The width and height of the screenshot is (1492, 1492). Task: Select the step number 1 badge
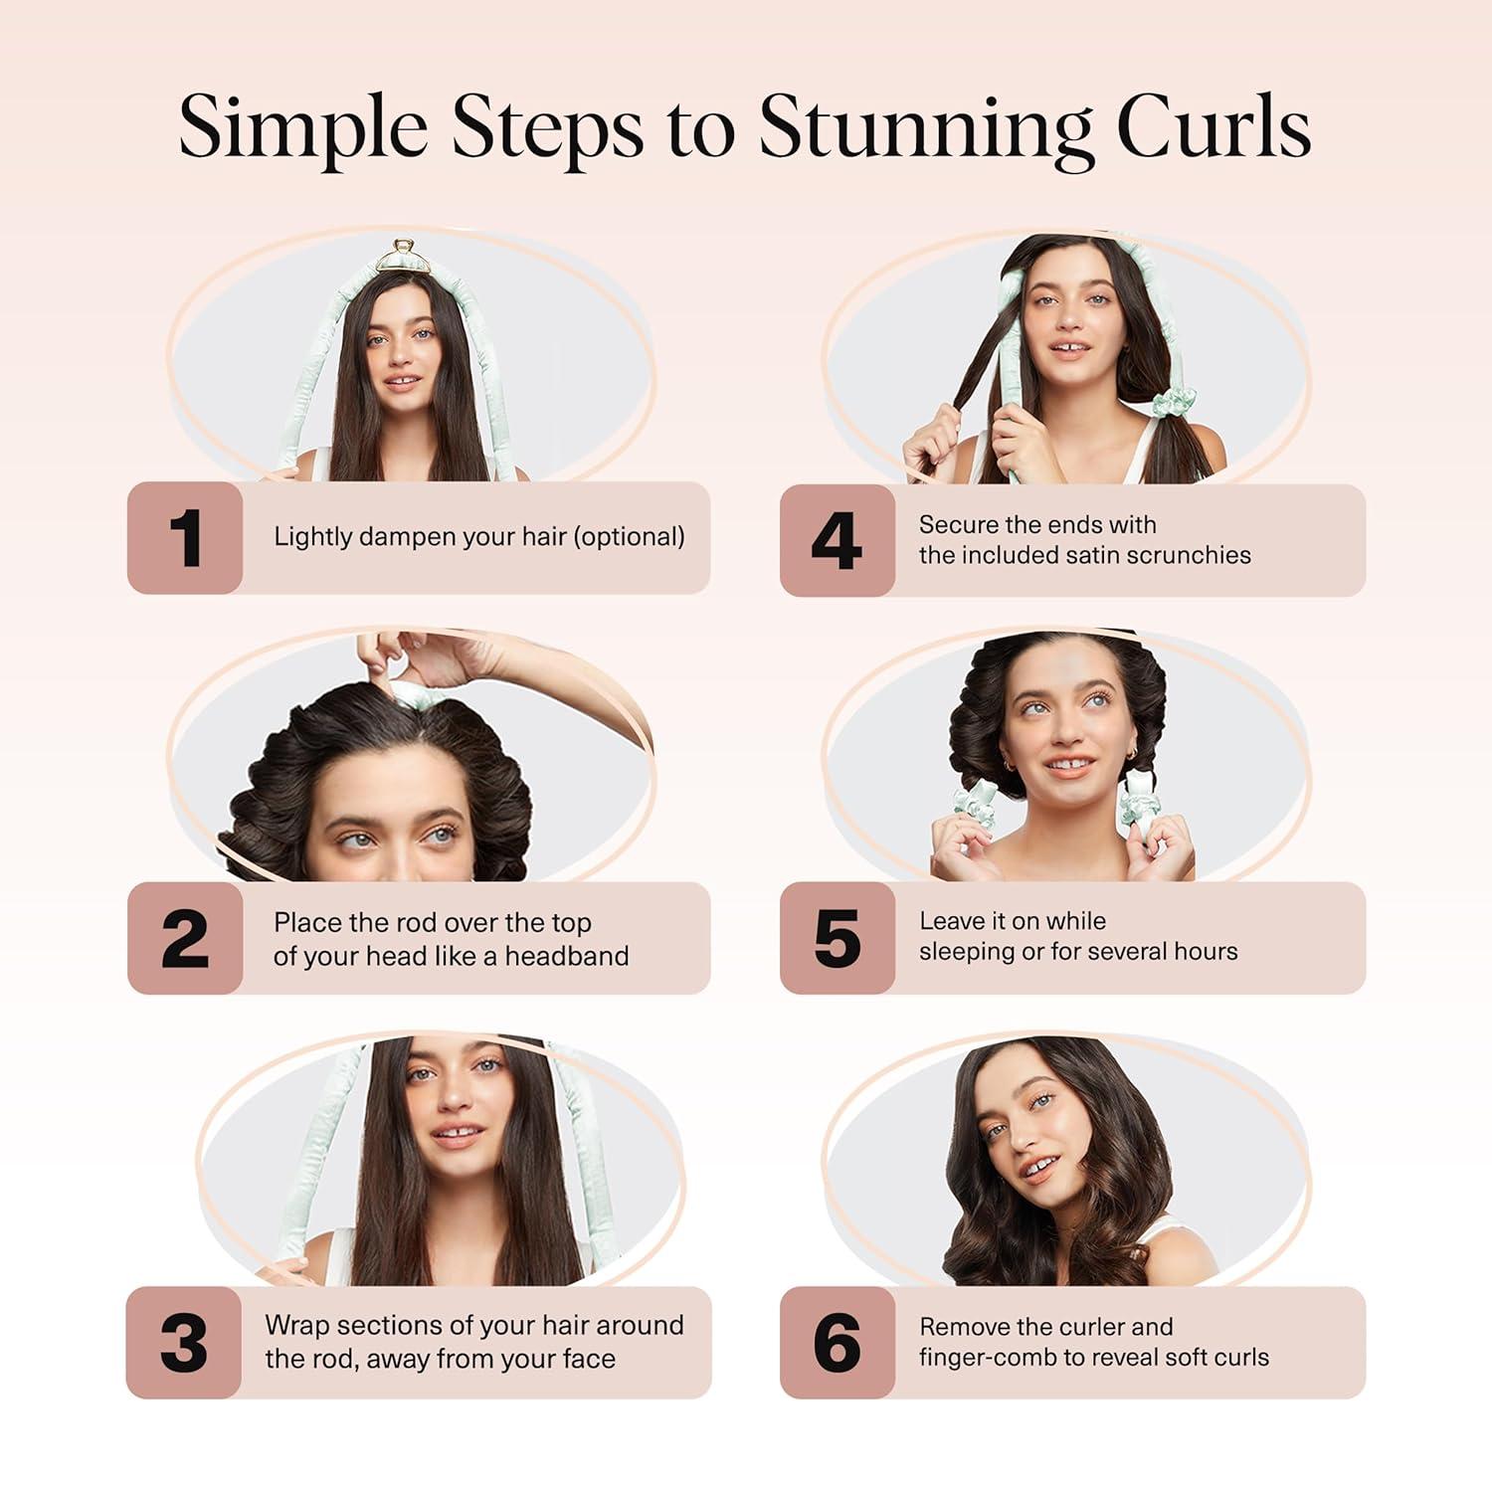tap(185, 538)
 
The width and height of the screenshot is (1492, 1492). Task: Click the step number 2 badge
tap(185, 938)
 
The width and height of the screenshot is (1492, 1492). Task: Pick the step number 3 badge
tap(184, 1343)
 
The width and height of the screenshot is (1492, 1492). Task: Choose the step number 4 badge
tap(837, 541)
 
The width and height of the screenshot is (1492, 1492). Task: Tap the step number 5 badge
tap(837, 938)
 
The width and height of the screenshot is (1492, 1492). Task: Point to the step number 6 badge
tap(837, 1343)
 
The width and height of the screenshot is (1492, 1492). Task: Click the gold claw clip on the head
tap(403, 255)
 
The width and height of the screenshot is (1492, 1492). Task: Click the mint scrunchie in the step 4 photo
tap(1175, 404)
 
